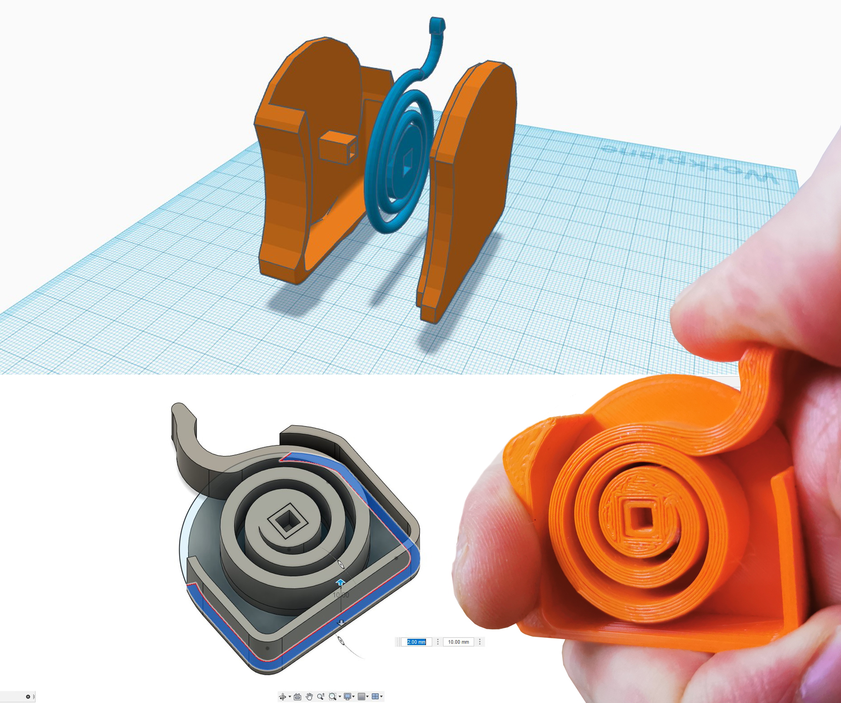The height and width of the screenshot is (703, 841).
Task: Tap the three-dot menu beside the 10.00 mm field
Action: (480, 642)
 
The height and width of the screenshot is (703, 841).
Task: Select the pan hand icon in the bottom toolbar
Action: (309, 697)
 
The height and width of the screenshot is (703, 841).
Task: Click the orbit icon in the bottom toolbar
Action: (283, 697)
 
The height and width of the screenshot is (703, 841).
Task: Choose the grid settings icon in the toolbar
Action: (361, 697)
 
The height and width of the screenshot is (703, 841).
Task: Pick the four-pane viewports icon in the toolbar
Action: (375, 697)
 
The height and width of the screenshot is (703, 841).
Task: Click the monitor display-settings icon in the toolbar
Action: (348, 697)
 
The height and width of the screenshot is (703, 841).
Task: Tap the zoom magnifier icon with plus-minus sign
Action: (320, 697)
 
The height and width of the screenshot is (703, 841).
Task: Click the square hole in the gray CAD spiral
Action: (286, 521)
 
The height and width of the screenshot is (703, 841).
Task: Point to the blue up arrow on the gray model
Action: (340, 582)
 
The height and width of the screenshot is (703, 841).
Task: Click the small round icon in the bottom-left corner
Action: (28, 697)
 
